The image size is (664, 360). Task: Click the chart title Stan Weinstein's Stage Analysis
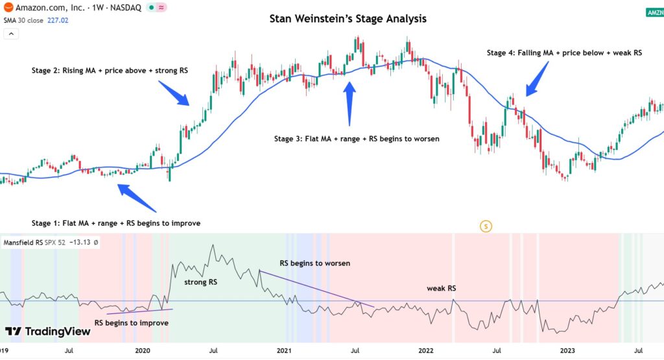click(348, 19)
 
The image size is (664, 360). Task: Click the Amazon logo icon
click(8, 8)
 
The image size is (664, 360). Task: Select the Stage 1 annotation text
click(116, 223)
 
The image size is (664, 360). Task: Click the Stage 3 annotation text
click(357, 139)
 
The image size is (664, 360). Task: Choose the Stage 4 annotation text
click(564, 53)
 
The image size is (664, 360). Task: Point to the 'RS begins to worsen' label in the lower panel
click(314, 263)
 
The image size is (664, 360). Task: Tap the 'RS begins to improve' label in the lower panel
click(132, 323)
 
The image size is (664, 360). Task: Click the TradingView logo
click(49, 331)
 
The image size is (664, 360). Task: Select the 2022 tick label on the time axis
click(425, 351)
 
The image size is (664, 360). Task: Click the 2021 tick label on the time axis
click(284, 351)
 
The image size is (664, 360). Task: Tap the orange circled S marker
click(486, 226)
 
